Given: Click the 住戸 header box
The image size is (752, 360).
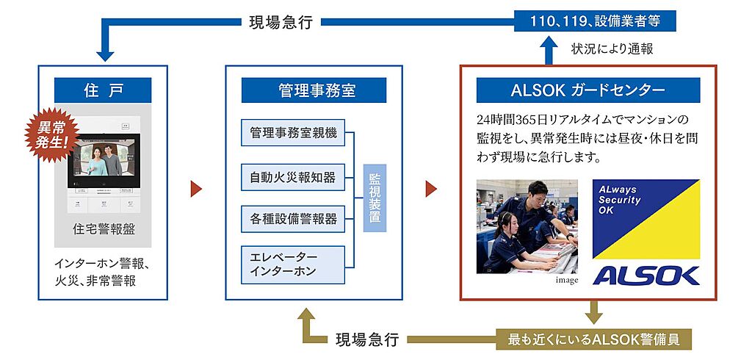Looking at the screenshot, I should (103, 90).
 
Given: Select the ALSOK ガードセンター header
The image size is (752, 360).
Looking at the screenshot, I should (587, 90).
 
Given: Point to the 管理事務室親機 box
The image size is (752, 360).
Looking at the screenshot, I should (293, 134).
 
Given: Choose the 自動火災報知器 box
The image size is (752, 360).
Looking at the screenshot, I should (293, 176).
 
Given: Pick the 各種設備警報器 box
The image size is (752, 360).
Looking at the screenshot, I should (293, 219).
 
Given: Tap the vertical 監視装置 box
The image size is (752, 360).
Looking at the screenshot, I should (375, 198).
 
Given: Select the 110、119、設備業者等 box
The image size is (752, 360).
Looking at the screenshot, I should (595, 21).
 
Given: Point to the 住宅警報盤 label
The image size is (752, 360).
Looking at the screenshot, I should (103, 228).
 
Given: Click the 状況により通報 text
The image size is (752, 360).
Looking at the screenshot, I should (612, 50).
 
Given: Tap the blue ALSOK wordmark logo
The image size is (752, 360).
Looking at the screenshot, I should (646, 275).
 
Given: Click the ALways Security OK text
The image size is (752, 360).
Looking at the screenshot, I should (622, 199).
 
